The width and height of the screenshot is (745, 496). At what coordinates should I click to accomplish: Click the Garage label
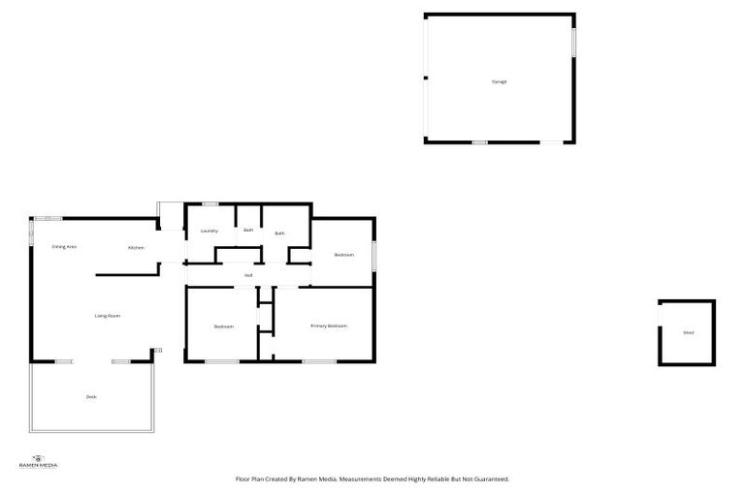pos(499,81)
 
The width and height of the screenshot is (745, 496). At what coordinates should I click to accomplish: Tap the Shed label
pos(688,332)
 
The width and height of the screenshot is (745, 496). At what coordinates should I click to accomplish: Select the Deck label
pos(91,396)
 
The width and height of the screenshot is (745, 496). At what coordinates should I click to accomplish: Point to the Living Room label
pos(107,316)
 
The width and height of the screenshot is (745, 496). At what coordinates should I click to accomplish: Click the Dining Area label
pos(64,247)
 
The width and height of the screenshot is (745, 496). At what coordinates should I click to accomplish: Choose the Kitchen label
pos(136,248)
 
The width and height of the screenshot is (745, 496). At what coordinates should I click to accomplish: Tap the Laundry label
pos(209,231)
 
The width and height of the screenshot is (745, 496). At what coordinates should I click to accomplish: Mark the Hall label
pos(248,276)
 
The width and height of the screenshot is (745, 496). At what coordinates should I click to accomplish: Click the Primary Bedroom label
pos(329,325)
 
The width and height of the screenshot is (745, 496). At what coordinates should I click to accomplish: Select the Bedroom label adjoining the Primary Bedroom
pos(224,326)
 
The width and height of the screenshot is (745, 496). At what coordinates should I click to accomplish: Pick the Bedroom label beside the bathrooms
pos(343,255)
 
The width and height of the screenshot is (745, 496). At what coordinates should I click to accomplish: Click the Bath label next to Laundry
pos(248,230)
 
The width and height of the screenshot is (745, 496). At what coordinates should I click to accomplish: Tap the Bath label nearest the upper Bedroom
pos(279,232)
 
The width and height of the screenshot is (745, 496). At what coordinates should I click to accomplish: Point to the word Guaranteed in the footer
pos(489,479)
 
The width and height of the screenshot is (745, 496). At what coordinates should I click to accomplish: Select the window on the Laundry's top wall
pos(211,203)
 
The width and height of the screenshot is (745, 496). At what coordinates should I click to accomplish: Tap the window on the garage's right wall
pos(573,41)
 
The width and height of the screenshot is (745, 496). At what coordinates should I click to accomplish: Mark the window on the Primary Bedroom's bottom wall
pos(319,361)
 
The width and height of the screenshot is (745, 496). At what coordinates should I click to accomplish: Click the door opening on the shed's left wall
pos(660,316)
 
